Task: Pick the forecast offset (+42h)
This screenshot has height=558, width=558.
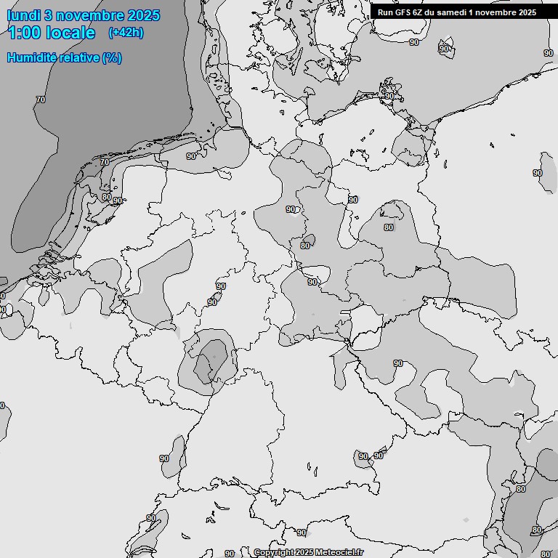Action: [x=125, y=33]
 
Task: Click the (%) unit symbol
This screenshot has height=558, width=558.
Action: [x=112, y=57]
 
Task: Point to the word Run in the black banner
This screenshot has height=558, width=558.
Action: [x=385, y=12]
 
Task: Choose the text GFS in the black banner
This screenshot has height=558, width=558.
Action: [x=403, y=12]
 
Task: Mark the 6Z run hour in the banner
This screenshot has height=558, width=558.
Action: [x=420, y=12]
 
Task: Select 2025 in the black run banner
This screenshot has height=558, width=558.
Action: [x=527, y=12]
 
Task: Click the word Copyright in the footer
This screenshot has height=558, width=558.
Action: [x=274, y=553]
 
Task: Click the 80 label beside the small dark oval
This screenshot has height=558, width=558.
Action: [x=305, y=246]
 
